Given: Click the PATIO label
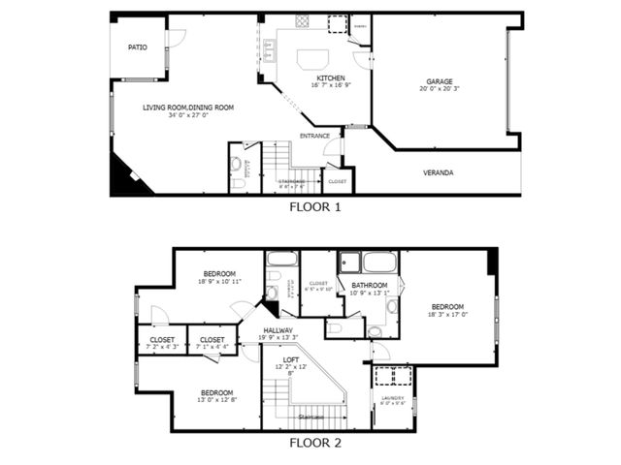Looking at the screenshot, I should pos(138,46).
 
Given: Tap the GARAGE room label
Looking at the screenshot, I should pos(440,81).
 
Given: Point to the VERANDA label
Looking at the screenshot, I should pos(438,172).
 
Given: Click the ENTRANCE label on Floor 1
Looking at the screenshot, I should pos(314,136).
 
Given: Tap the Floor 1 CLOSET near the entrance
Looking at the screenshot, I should pos(337,181).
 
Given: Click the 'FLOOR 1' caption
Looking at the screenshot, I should pos(315,206).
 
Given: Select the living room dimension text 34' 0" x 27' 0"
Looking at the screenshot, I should pos(188,116).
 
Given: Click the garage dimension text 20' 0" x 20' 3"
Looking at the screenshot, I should pos(440,90).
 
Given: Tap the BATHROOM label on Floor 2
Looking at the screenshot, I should pos(370,285).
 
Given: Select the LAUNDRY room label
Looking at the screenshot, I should pos(392,397).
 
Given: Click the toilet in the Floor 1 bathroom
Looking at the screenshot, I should pos(238,182).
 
